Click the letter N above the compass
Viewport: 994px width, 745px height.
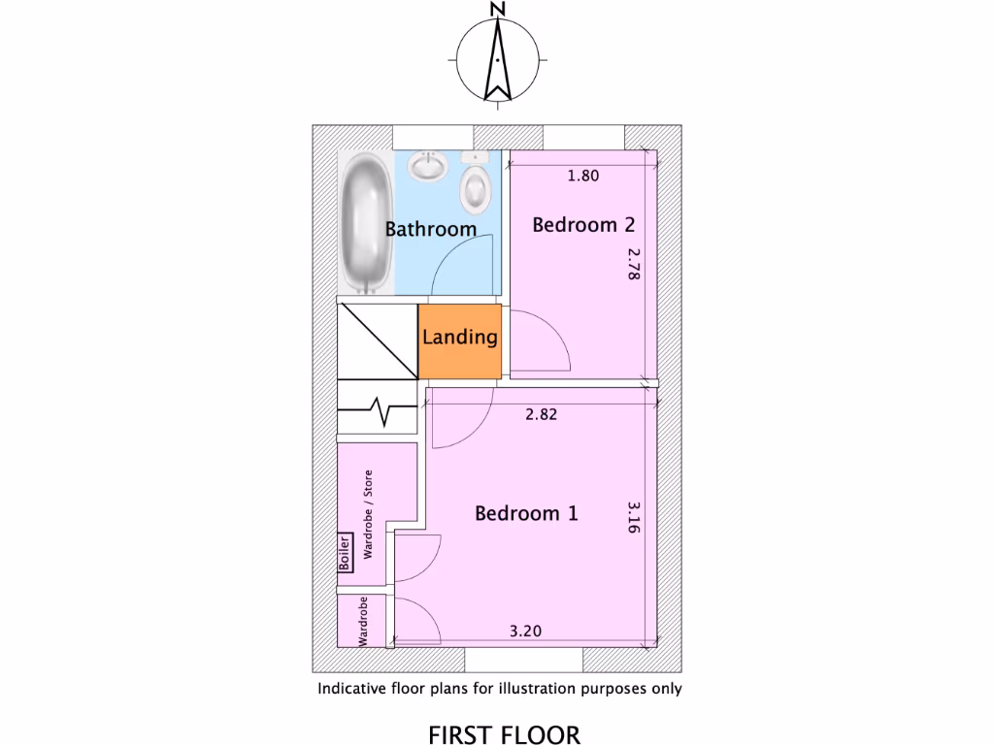pyautogui.click(x=497, y=10)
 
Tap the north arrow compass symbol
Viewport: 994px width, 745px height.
pyautogui.click(x=497, y=60)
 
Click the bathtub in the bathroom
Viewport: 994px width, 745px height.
pyautogui.click(x=366, y=223)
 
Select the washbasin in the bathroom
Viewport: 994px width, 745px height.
pyautogui.click(x=427, y=167)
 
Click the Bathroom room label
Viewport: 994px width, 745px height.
pyautogui.click(x=431, y=230)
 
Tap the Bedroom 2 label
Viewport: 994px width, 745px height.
pyautogui.click(x=583, y=225)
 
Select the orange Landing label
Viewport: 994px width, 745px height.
pyautogui.click(x=460, y=338)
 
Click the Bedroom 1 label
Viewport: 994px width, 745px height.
pyautogui.click(x=526, y=513)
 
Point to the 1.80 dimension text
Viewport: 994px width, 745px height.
pyautogui.click(x=582, y=176)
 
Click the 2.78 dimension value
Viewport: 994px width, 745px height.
pyautogui.click(x=634, y=264)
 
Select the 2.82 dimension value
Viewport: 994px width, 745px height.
pyautogui.click(x=542, y=414)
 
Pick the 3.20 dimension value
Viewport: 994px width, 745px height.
pyautogui.click(x=525, y=632)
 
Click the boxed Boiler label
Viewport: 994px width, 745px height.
pyautogui.click(x=344, y=554)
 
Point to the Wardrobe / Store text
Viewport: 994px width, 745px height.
pyautogui.click(x=367, y=514)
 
